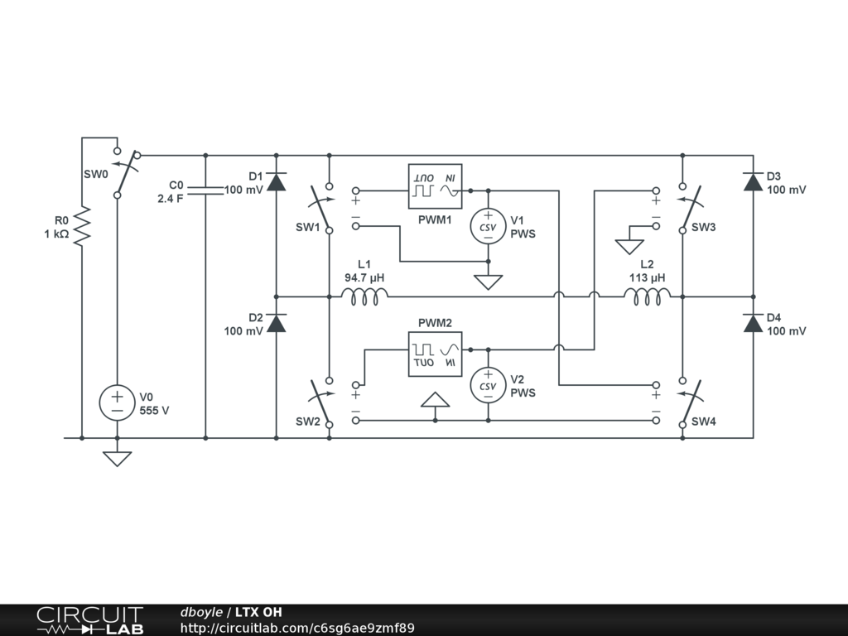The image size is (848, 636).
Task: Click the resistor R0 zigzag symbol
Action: click(x=82, y=227)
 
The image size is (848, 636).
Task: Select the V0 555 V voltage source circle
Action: click(x=117, y=402)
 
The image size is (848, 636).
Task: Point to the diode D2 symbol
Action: click(x=276, y=324)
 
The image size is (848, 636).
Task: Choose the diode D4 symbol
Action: click(x=753, y=324)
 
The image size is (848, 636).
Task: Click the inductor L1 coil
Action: click(x=364, y=296)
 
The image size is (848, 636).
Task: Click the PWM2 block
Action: click(x=435, y=354)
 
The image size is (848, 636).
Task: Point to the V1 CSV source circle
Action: click(x=488, y=227)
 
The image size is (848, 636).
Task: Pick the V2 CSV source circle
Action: click(x=488, y=386)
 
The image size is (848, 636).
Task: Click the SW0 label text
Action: click(x=95, y=175)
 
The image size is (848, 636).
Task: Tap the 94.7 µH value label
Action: click(x=365, y=277)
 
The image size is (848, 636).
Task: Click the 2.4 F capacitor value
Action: click(x=171, y=198)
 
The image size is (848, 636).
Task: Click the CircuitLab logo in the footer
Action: click(x=89, y=620)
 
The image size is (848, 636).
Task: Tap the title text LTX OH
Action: click(x=258, y=612)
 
